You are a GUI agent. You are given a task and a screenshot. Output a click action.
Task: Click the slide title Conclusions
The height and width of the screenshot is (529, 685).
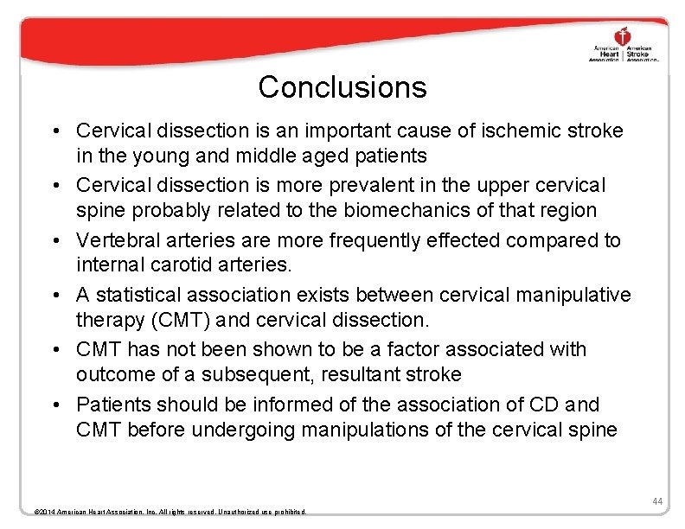click(x=342, y=87)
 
